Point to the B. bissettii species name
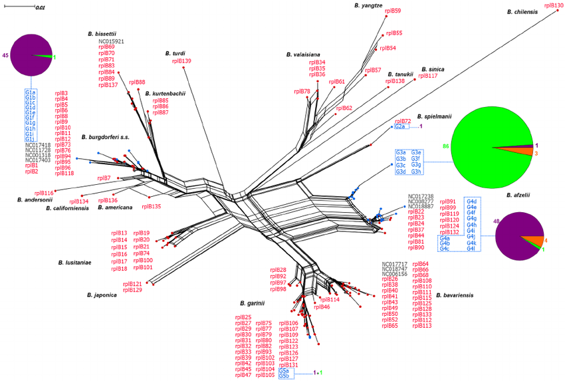click(x=102, y=33)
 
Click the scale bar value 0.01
click(x=40, y=7)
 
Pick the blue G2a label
click(x=399, y=127)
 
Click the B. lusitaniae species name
click(x=73, y=263)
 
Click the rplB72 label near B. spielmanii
click(x=402, y=121)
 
